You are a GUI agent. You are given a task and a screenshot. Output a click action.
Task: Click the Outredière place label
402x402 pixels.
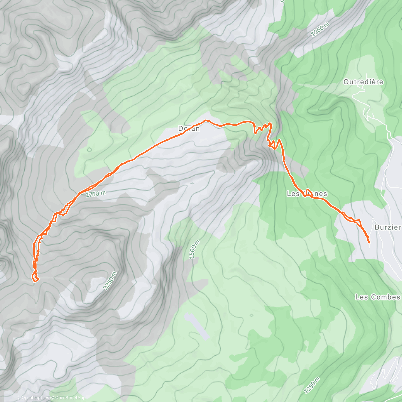[363, 82]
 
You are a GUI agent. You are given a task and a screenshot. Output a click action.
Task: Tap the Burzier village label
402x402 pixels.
[388, 227]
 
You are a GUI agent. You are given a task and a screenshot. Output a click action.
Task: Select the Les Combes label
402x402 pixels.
[377, 297]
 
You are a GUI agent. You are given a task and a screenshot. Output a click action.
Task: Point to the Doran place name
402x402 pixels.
[189, 129]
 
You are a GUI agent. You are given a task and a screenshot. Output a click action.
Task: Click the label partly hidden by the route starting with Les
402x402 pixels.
[307, 194]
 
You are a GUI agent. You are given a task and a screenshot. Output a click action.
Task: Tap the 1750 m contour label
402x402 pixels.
[96, 194]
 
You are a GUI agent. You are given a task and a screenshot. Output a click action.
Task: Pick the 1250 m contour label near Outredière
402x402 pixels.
[320, 29]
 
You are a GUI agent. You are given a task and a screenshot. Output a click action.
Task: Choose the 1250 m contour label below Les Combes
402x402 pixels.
[312, 385]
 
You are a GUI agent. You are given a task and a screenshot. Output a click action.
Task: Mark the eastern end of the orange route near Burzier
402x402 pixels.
[369, 242]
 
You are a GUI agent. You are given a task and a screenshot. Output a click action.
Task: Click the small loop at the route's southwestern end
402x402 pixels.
[35, 277]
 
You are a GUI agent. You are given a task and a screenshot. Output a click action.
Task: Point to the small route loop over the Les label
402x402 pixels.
[308, 191]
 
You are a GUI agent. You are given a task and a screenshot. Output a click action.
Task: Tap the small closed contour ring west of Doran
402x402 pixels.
[89, 150]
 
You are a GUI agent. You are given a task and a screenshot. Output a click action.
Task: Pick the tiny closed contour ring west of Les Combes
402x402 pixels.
[251, 315]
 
